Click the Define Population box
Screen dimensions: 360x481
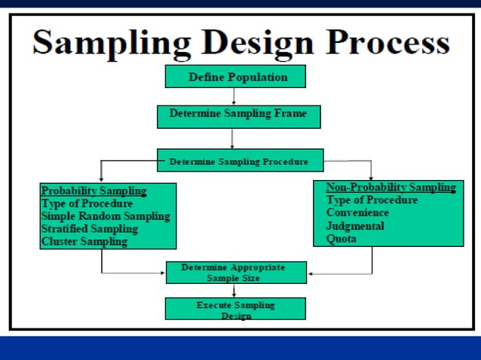(236, 77)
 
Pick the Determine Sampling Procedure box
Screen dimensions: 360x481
(239, 161)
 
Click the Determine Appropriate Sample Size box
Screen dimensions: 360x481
(236, 273)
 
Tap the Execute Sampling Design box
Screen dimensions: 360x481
(235, 310)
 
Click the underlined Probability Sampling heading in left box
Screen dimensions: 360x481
(94, 191)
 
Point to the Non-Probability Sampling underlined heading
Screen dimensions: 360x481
(390, 188)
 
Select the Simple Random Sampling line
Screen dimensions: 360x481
(106, 216)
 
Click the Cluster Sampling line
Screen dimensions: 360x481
(84, 242)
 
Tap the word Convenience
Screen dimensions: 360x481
(357, 213)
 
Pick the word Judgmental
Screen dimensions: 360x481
(355, 226)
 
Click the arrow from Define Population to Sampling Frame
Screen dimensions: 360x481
(234, 96)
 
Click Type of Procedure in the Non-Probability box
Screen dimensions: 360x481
(372, 200)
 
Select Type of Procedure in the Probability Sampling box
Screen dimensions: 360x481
(87, 203)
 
